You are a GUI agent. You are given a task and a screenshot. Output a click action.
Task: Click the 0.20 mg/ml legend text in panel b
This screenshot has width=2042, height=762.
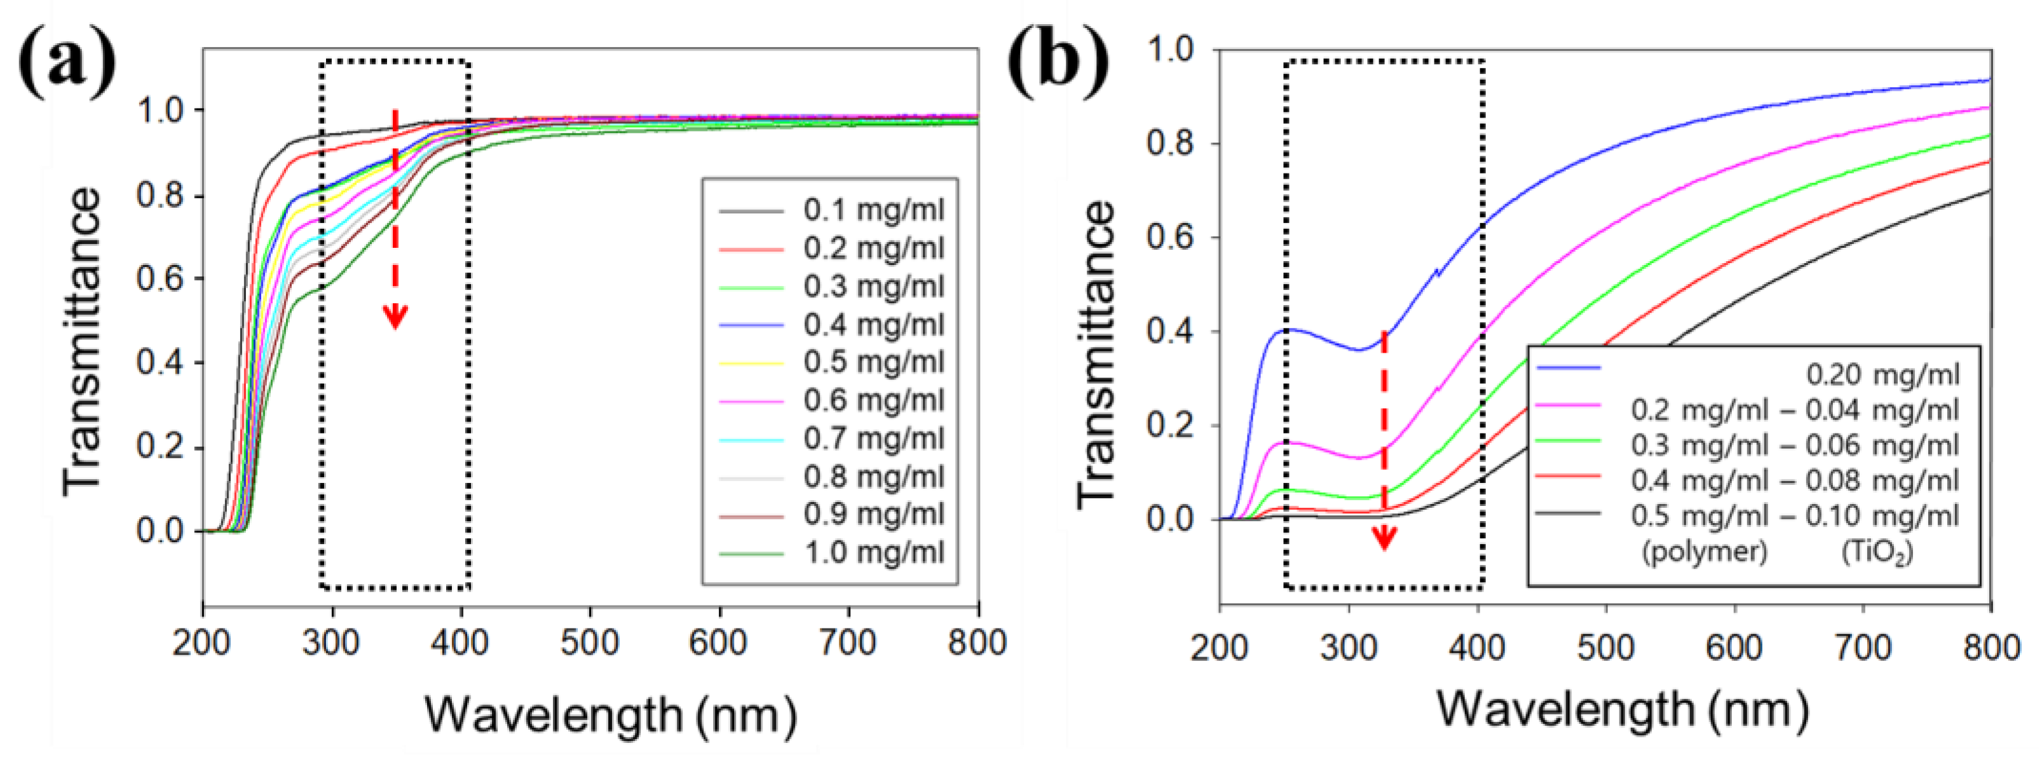[x=1882, y=374]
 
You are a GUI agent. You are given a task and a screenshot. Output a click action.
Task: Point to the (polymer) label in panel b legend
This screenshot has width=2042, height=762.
[x=1705, y=551]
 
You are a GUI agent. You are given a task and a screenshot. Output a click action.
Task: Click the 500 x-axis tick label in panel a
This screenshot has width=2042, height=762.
[x=589, y=643]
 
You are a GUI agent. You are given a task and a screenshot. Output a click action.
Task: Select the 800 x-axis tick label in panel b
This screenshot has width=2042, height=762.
[x=1990, y=648]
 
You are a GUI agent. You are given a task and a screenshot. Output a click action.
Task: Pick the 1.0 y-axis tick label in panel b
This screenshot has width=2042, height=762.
[x=1169, y=50]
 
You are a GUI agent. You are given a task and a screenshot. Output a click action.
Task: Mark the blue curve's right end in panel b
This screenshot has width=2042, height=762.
[x=1988, y=80]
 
